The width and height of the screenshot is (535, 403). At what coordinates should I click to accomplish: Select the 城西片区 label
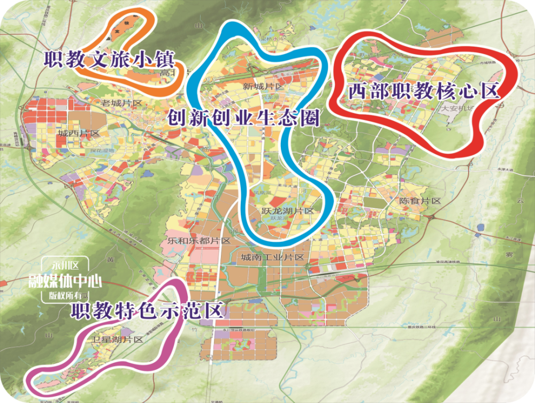tap(79, 133)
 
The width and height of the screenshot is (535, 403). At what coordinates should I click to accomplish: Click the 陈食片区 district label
tap(420, 201)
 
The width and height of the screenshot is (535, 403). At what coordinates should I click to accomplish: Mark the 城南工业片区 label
tap(272, 257)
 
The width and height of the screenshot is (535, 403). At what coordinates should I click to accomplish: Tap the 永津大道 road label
tap(497, 155)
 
